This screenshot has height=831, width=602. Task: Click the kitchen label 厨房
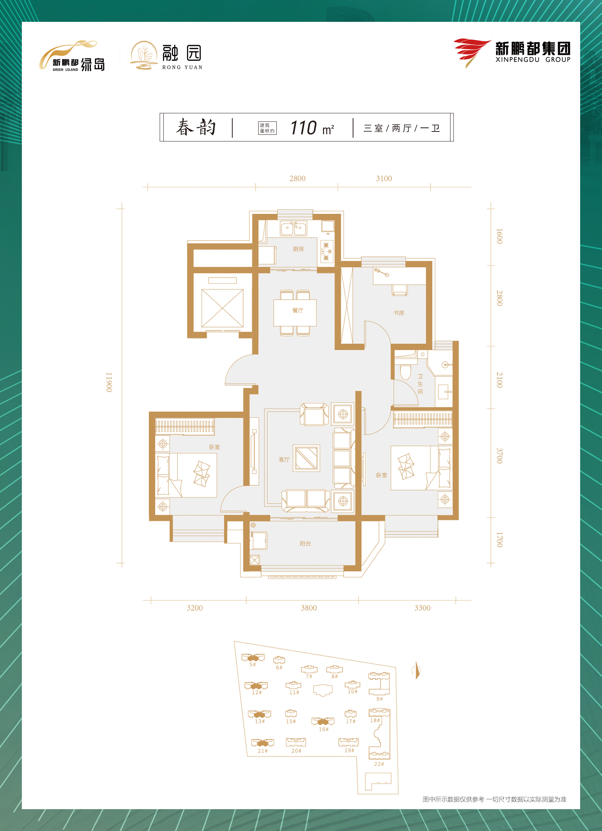(298, 249)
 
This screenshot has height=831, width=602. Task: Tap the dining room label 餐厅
(298, 310)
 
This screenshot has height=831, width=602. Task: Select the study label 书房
(399, 313)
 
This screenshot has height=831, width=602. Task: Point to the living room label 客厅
(284, 460)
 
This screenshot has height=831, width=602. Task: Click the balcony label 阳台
(305, 544)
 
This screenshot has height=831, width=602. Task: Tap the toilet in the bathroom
(406, 371)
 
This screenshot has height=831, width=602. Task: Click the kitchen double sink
(293, 228)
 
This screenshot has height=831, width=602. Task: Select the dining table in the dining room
(295, 313)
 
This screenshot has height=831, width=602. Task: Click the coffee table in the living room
(306, 458)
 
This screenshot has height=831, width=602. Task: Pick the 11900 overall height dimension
(109, 383)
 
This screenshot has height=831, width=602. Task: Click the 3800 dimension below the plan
(309, 608)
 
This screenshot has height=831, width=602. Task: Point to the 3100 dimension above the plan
(384, 178)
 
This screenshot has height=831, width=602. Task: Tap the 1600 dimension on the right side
(499, 236)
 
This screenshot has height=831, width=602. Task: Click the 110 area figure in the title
(303, 128)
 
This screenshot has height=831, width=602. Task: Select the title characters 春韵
(196, 127)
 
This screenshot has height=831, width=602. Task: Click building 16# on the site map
(323, 724)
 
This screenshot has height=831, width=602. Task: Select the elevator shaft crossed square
(222, 308)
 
